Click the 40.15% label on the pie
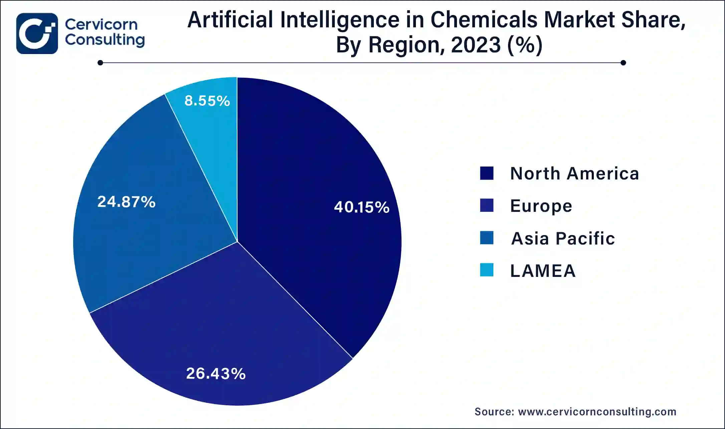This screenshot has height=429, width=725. pyautogui.click(x=361, y=207)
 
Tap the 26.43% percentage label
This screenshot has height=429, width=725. pyautogui.click(x=216, y=374)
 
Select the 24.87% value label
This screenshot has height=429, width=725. pyautogui.click(x=126, y=202)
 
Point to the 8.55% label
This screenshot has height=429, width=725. pyautogui.click(x=207, y=101)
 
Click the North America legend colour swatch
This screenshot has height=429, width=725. pyautogui.click(x=487, y=173)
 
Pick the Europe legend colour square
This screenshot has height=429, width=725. pyautogui.click(x=487, y=205)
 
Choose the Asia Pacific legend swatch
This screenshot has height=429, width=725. pyautogui.click(x=487, y=238)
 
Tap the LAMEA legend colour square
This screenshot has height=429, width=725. pyautogui.click(x=487, y=270)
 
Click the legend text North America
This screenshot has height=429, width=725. pyautogui.click(x=574, y=173)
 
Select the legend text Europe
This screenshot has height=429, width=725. pyautogui.click(x=541, y=206)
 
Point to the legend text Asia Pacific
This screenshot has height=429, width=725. pyautogui.click(x=563, y=238)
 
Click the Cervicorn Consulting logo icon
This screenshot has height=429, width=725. pyautogui.click(x=37, y=33)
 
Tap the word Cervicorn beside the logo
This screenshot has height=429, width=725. pyautogui.click(x=101, y=24)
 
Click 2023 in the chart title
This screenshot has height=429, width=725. pyautogui.click(x=476, y=45)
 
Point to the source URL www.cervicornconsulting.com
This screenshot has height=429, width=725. pyautogui.click(x=597, y=412)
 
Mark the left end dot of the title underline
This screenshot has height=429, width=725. pyautogui.click(x=100, y=63)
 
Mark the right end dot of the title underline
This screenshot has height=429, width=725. pyautogui.click(x=623, y=63)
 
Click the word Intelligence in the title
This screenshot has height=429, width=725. pyautogui.click(x=339, y=20)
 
